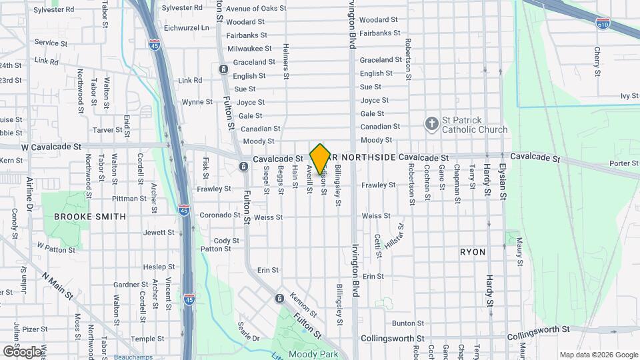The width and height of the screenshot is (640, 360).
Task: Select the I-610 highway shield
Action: point(603,23)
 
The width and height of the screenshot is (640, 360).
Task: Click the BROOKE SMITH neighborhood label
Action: point(90,217)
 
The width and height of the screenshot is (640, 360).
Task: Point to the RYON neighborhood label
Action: point(473,252)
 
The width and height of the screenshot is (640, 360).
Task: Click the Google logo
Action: point(22,351)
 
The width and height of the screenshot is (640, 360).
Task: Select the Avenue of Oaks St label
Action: point(255,9)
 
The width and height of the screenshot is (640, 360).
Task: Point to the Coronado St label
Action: point(219,215)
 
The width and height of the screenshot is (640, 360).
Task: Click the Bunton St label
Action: point(404,323)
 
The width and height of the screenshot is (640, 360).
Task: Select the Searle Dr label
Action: point(248,331)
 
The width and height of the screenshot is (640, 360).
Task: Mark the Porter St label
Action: point(624,163)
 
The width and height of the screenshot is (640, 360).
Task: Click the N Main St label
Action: point(56,285)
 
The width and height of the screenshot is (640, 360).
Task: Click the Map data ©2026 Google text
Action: point(598,355)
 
